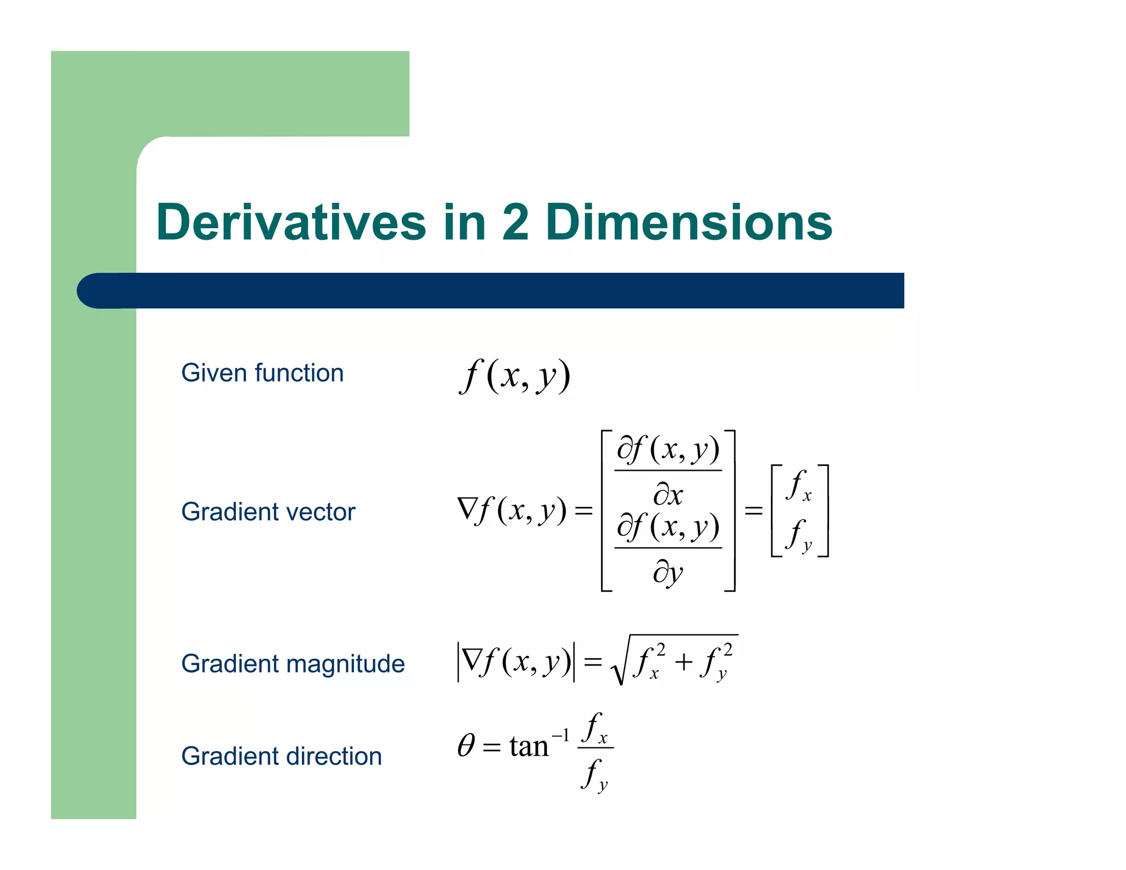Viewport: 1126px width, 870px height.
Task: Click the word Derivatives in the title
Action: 291,222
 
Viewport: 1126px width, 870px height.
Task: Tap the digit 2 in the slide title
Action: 515,222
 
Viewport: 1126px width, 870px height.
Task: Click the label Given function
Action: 262,373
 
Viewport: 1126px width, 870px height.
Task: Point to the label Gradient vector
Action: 268,512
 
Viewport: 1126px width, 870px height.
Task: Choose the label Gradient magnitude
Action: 293,664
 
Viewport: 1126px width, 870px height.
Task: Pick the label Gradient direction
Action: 281,756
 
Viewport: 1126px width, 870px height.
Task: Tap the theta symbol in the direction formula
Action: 466,746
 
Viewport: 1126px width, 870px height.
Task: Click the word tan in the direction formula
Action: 529,747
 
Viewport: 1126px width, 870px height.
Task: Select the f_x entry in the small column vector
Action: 799,486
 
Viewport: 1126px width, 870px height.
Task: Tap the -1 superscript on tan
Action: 560,734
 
